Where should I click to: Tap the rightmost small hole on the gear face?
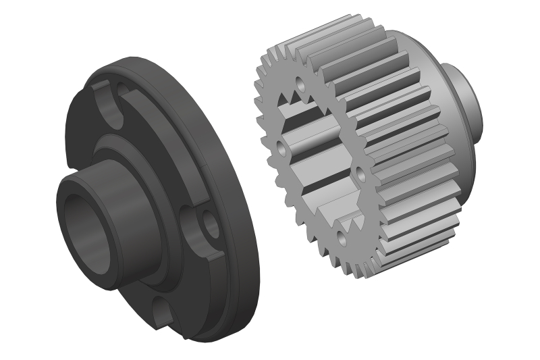pyautogui.click(x=360, y=175)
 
